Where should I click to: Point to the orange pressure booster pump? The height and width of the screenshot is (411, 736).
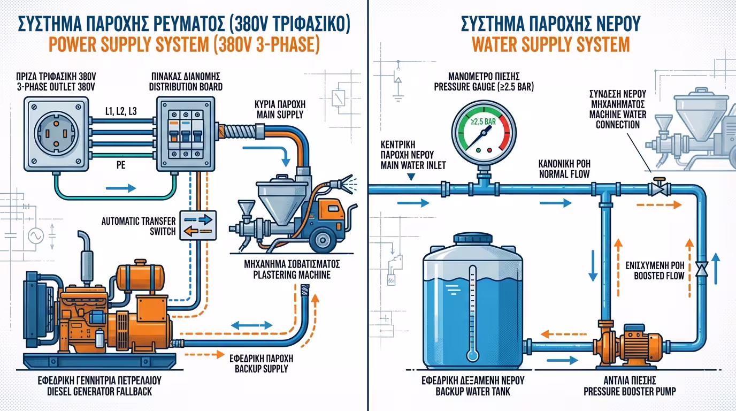631,341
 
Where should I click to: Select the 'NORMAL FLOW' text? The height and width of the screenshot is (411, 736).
564,174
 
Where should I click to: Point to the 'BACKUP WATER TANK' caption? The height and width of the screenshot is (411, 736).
472,391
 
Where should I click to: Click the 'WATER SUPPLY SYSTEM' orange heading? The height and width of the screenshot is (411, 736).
551,44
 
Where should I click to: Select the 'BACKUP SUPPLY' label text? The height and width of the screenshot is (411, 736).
261,369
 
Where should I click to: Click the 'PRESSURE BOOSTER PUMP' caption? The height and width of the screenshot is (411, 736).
630,391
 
